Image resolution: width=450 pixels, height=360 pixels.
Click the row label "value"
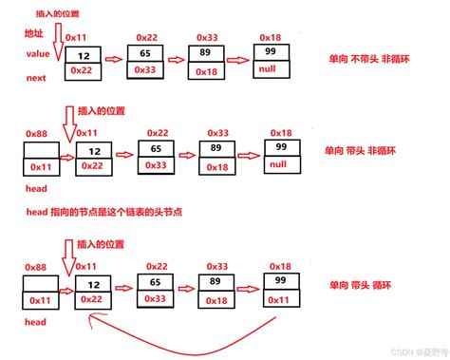tap(39, 55)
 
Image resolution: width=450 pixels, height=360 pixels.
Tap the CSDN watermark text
tap(403, 349)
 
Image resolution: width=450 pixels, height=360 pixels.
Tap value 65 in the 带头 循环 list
tap(156, 282)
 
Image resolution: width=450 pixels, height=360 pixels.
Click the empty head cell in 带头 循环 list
tap(40, 283)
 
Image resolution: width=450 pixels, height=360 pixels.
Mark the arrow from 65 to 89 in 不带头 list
tap(176, 60)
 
